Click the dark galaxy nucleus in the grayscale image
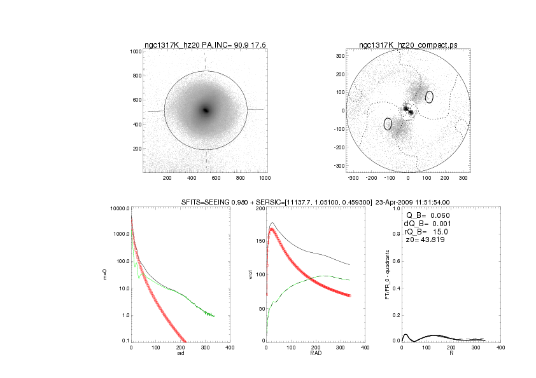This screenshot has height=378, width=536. pyautogui.click(x=206, y=110)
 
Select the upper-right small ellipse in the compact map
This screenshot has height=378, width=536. pyautogui.click(x=430, y=97)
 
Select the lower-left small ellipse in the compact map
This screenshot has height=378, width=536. pyautogui.click(x=388, y=124)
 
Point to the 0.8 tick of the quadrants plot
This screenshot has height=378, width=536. pyautogui.click(x=395, y=235)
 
